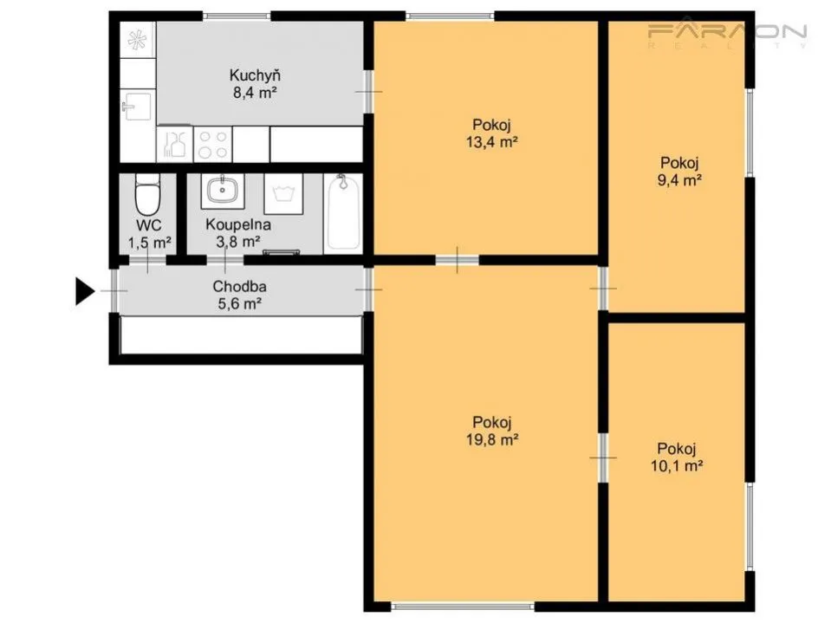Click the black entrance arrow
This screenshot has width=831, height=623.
[x=84, y=291]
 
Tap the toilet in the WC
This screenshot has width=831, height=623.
[x=147, y=194]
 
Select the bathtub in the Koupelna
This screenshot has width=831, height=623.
[x=343, y=212]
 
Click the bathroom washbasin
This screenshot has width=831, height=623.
[x=223, y=190]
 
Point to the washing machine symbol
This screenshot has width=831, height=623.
[x=283, y=194]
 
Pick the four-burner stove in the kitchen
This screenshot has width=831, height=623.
[x=213, y=144]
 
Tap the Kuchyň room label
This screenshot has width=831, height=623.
[x=255, y=75]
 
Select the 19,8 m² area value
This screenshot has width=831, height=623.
[x=492, y=439]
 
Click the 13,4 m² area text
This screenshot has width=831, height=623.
[x=492, y=142]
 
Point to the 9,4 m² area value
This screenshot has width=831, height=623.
[x=680, y=180]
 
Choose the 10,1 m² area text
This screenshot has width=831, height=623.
[x=677, y=466]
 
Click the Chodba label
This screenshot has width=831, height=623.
[x=239, y=287]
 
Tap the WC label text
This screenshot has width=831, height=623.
[x=149, y=225]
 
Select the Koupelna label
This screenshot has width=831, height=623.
[x=238, y=224]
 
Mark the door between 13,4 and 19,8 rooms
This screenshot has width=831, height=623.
[x=458, y=260]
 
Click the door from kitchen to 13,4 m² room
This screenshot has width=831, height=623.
[x=368, y=92]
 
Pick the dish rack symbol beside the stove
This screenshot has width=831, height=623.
[x=175, y=144]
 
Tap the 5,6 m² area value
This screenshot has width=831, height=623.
[x=239, y=304]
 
